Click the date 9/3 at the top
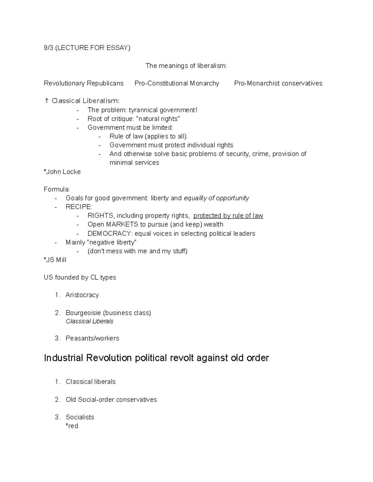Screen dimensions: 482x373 (48, 48)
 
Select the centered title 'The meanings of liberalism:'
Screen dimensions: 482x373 (186, 66)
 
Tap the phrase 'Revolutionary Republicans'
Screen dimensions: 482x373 (84, 83)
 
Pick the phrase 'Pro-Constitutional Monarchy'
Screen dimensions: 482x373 (177, 83)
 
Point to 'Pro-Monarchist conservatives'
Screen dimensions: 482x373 (278, 83)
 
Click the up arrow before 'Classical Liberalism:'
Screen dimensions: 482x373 (47, 101)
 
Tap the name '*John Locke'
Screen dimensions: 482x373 (62, 172)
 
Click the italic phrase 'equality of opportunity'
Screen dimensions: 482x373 (216, 198)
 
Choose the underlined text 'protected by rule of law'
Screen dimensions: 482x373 (228, 216)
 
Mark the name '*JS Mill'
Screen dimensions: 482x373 (55, 260)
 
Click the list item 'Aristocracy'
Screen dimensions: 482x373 (82, 295)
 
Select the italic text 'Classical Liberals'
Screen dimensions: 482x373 (90, 322)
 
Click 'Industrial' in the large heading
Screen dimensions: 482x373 (63, 358)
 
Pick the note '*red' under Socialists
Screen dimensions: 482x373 (72, 426)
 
